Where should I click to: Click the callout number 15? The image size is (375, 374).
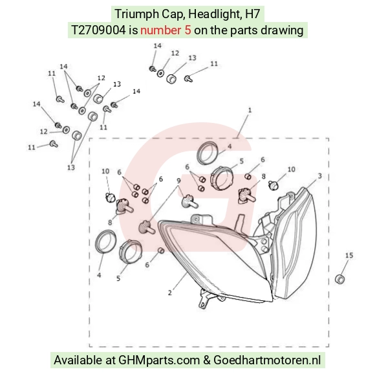click(x=349, y=256)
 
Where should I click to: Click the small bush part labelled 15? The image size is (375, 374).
click(x=340, y=280)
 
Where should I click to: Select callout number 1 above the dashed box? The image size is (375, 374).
click(x=250, y=110)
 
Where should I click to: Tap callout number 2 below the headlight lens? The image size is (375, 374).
click(x=170, y=292)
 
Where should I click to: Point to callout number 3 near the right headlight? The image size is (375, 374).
click(x=320, y=176)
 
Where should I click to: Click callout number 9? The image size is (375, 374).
click(x=178, y=181)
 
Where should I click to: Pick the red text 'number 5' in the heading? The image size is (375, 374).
click(x=166, y=30)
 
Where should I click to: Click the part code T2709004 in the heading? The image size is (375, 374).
click(x=98, y=30)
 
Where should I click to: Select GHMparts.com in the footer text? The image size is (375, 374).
click(x=159, y=360)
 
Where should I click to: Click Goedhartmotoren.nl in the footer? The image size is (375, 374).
click(x=266, y=360)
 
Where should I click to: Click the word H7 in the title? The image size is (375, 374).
click(x=252, y=14)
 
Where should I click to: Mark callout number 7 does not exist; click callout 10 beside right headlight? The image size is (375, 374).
click(x=291, y=169)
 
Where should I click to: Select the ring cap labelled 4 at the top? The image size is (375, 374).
click(x=207, y=153)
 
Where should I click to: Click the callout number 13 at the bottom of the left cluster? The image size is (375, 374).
click(x=70, y=167)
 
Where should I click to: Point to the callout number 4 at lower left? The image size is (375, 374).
click(x=99, y=275)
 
